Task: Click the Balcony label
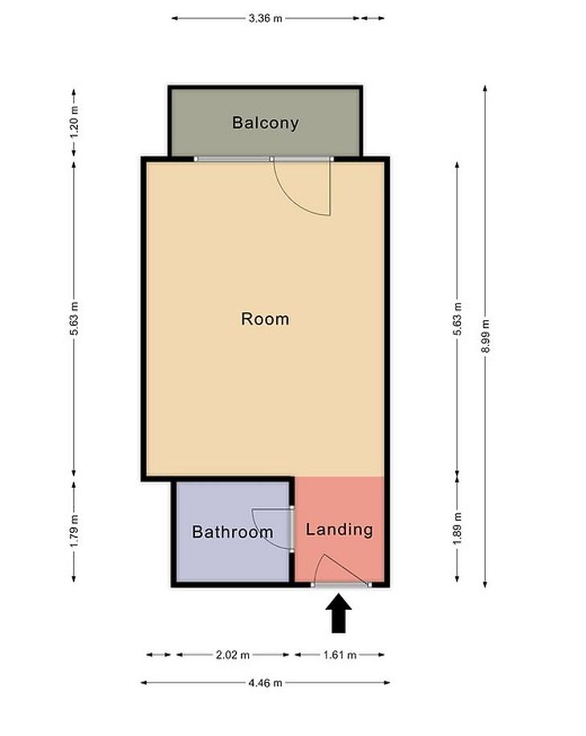[x=265, y=123]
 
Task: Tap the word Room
[x=265, y=319]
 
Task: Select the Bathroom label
[x=233, y=532]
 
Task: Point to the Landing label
[x=340, y=530]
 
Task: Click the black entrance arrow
[x=339, y=614]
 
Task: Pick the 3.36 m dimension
[x=265, y=18]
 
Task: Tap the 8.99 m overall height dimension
[x=486, y=335]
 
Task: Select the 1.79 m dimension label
[x=74, y=531]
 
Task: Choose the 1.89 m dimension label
[x=458, y=529]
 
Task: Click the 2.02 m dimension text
[x=233, y=655]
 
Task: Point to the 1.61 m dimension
[x=340, y=655]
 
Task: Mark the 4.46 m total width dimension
[x=265, y=683]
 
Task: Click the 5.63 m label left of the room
[x=74, y=319]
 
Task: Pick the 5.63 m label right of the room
[x=458, y=319]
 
